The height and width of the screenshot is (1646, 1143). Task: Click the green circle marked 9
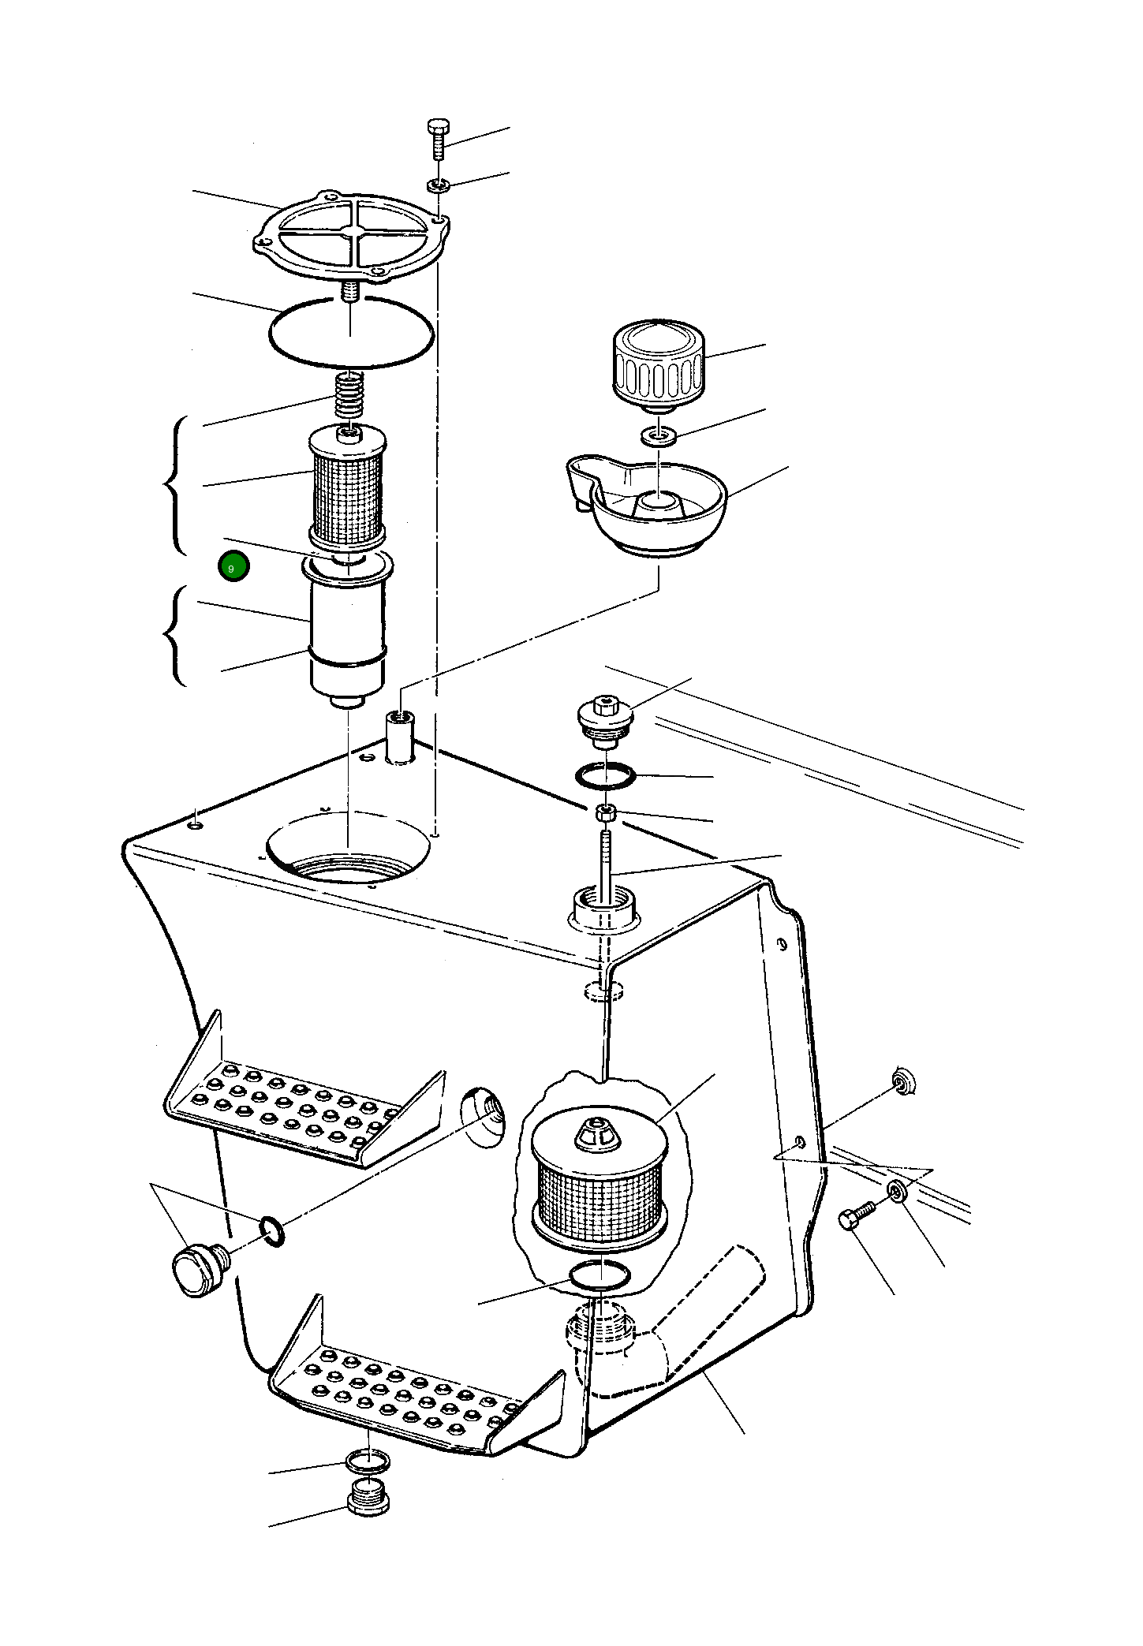pos(233,567)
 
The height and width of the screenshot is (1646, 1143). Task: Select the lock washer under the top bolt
pos(439,186)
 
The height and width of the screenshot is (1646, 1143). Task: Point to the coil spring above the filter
pos(348,399)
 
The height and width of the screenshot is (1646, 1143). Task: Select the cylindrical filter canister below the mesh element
pos(347,635)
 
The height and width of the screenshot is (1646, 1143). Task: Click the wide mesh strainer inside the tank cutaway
pos(600,1183)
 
